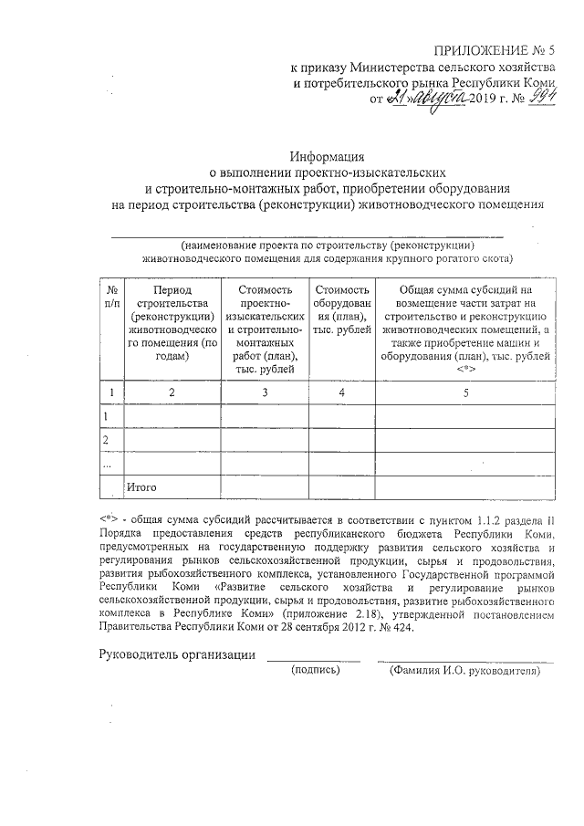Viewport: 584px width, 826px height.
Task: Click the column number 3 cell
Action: [x=265, y=392]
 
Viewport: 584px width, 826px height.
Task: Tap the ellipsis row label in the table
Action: [x=109, y=463]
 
